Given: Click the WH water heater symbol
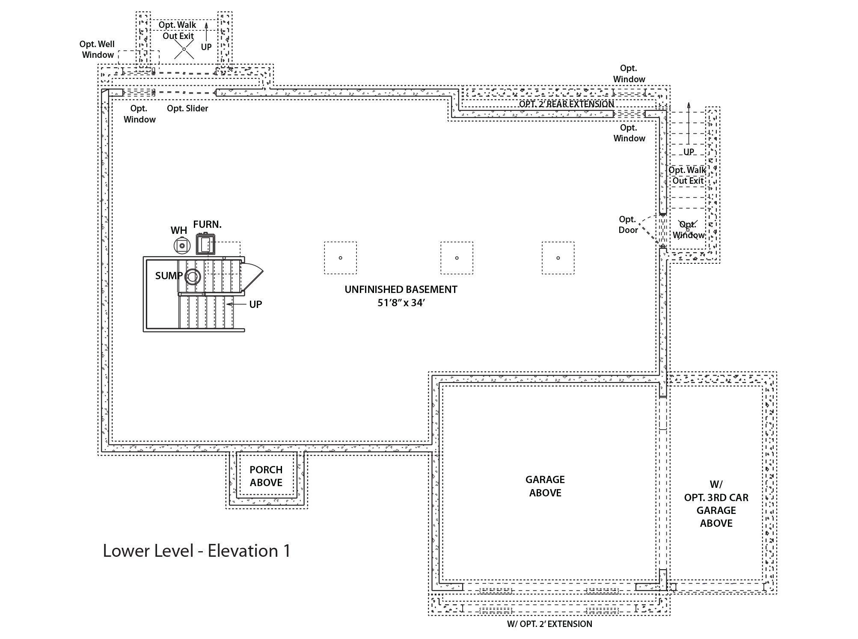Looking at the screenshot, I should tap(182, 245).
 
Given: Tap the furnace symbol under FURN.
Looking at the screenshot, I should tap(206, 245).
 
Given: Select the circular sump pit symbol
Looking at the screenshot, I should tap(193, 277).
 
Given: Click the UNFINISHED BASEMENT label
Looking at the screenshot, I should tap(401, 290).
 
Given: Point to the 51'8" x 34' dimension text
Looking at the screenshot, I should tap(401, 303).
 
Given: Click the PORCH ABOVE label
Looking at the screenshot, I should tap(266, 476).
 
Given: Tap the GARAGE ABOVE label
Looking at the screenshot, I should tap(545, 486).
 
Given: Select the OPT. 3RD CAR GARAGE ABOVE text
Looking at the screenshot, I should tap(716, 504).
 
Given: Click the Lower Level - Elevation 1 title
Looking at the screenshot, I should tap(196, 551).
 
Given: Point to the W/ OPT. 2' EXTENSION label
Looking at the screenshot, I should tap(549, 624).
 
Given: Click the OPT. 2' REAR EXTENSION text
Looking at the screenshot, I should tap(566, 104).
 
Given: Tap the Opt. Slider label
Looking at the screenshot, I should tap(187, 108).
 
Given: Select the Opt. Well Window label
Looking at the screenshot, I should tap(97, 49).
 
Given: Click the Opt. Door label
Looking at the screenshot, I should tap(628, 224).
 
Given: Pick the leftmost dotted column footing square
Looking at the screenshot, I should tap(340, 258).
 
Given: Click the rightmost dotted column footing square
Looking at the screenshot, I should tap(558, 258).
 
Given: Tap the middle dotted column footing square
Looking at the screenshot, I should tap(457, 258).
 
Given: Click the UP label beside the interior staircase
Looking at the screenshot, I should tap(255, 305).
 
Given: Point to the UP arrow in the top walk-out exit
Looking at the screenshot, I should tap(206, 32).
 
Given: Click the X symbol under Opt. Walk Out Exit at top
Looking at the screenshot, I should tap(184, 49).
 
